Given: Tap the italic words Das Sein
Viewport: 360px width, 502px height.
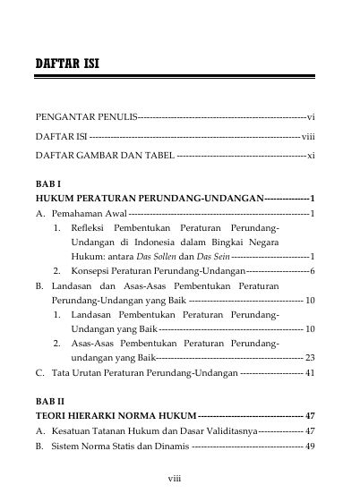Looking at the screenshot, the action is coord(209,256).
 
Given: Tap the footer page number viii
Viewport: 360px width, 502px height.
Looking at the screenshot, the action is coord(176,478).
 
